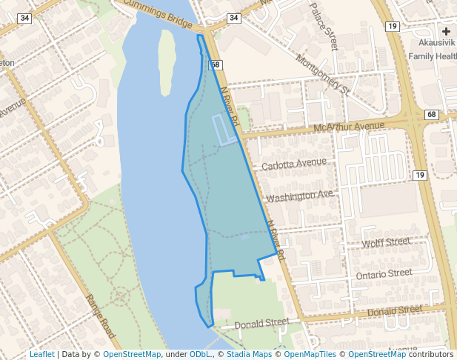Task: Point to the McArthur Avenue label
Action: [350, 128]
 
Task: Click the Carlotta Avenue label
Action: [294, 163]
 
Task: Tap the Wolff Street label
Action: [386, 242]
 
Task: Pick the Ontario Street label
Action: [384, 274]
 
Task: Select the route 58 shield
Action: [216, 65]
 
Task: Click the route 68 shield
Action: [432, 115]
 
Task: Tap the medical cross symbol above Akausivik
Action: [447, 31]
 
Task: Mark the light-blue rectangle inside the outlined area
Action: [224, 130]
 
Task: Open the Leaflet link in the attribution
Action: [41, 354]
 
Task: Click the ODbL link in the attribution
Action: [200, 354]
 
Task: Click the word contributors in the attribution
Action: [430, 354]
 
